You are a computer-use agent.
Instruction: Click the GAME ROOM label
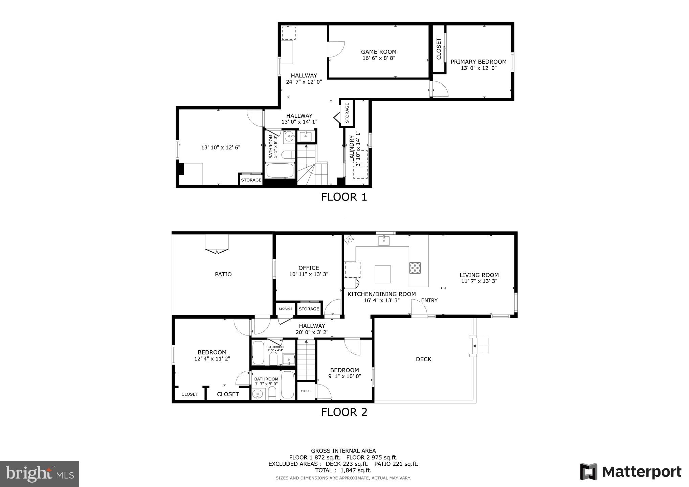[x=378, y=52]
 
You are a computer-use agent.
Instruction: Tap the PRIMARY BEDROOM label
[x=478, y=62]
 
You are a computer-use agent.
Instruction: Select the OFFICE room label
[x=308, y=268]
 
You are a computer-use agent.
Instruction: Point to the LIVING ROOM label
[x=479, y=275]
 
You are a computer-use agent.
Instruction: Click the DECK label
[x=423, y=359]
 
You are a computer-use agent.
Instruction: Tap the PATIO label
[x=223, y=274]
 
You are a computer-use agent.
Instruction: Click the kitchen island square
[x=383, y=274]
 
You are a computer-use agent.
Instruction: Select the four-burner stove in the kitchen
[x=415, y=268]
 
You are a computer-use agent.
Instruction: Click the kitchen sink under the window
[x=384, y=241]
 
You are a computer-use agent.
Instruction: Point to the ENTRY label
[x=429, y=300]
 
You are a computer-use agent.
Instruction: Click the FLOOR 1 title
[x=344, y=197]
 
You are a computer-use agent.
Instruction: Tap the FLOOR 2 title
[x=344, y=412]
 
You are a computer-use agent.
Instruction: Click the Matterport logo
[x=630, y=472]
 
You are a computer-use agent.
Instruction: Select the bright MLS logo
[x=40, y=473]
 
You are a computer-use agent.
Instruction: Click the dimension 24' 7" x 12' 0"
[x=304, y=82]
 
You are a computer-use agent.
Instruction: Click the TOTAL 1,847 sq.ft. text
[x=343, y=470]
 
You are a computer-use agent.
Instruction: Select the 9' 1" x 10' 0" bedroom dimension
[x=344, y=376]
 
